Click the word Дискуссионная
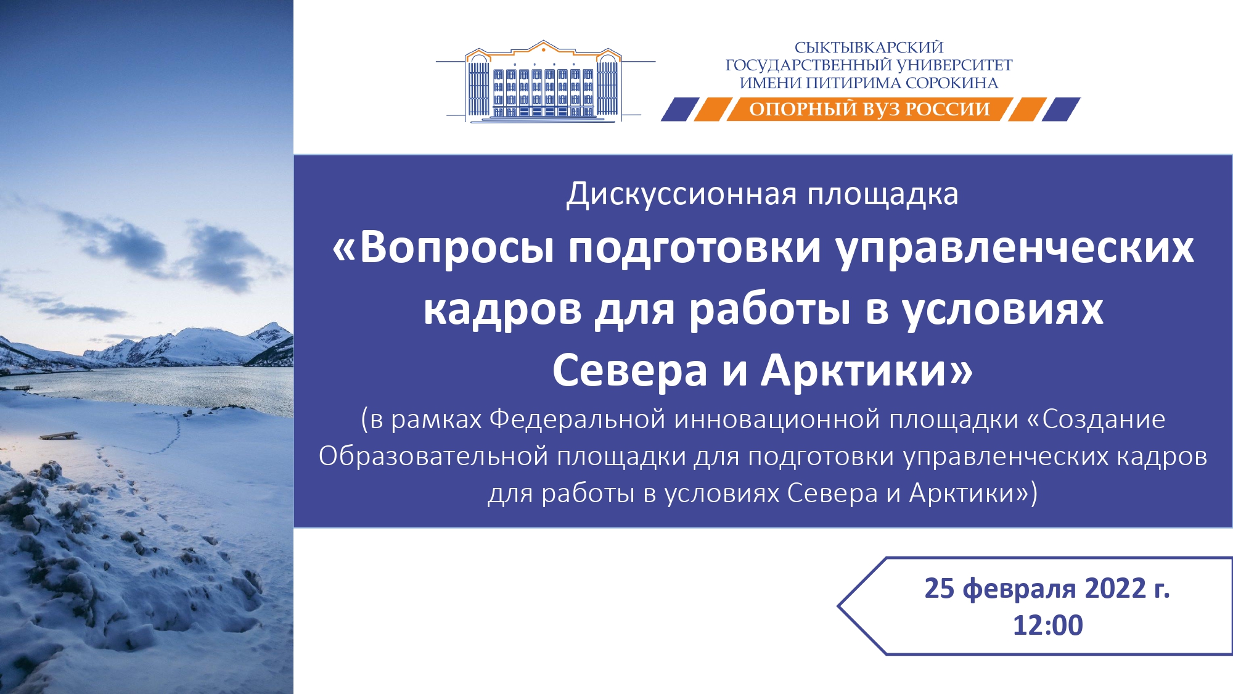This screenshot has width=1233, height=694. point(681,194)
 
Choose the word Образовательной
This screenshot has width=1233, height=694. point(433,456)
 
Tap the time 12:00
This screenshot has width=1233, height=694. point(1048,625)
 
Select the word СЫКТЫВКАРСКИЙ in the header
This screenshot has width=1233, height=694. point(869,48)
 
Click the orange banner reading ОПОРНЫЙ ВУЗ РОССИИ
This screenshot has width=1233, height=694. point(869,109)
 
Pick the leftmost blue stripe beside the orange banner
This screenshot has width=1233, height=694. point(680,109)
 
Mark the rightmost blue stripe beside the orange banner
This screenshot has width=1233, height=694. point(1061,109)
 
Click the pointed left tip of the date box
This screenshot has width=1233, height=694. point(838,606)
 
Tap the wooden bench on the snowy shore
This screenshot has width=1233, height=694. point(59,435)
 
